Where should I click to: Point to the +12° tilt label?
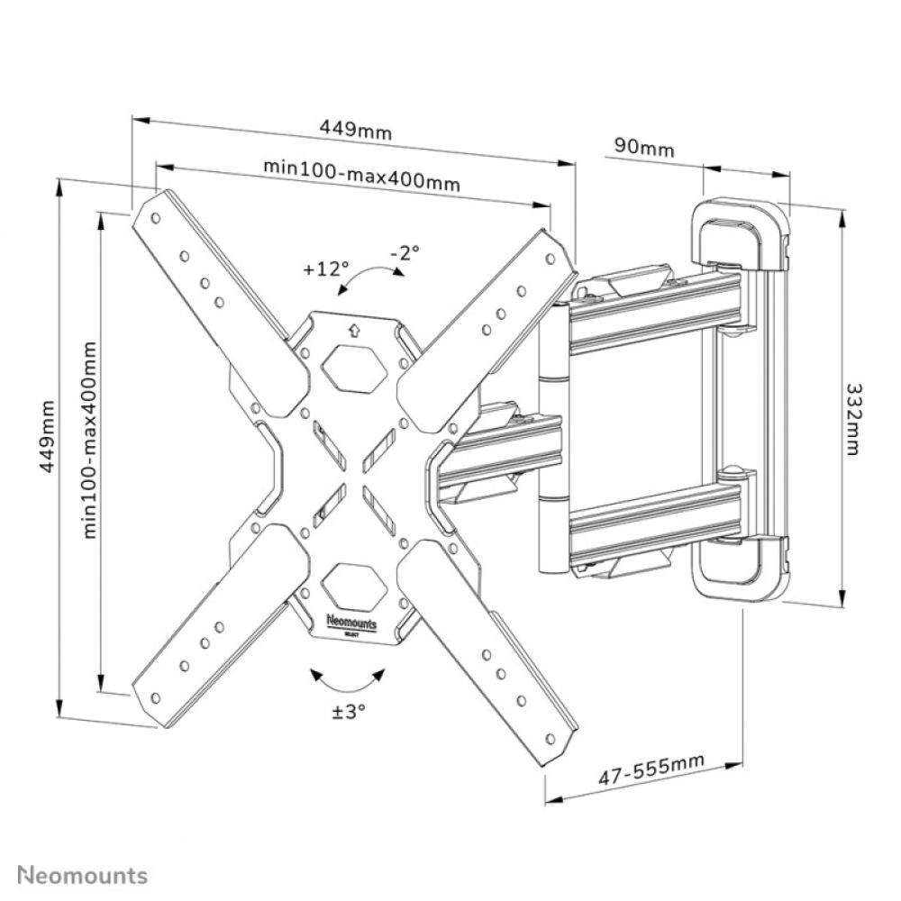325,268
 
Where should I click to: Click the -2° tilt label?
405,253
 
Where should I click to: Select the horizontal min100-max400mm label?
361,174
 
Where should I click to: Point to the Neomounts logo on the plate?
352,623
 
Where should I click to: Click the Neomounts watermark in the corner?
82,874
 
